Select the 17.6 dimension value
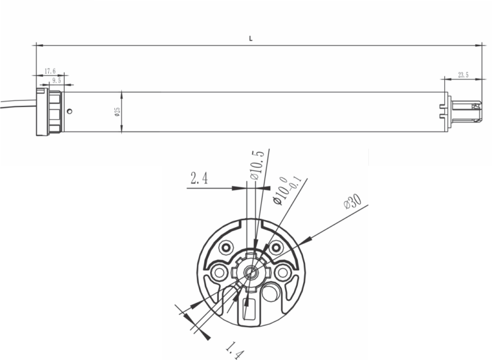tap(50, 71)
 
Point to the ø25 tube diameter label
tap(116, 112)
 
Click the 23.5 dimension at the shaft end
tap(463, 74)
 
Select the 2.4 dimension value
tap(200, 179)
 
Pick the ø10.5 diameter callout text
tap(255, 164)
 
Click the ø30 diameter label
tap(352, 201)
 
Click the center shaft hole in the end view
tap(250, 272)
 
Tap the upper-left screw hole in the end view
tap(226, 248)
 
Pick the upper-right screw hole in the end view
tap(276, 248)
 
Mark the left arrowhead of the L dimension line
tap(38, 46)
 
